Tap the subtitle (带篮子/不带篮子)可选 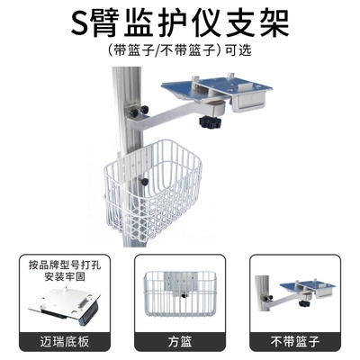(x=179, y=51)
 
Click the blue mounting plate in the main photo (x=216, y=86)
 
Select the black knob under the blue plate (x=212, y=121)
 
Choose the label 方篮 (x=179, y=341)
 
